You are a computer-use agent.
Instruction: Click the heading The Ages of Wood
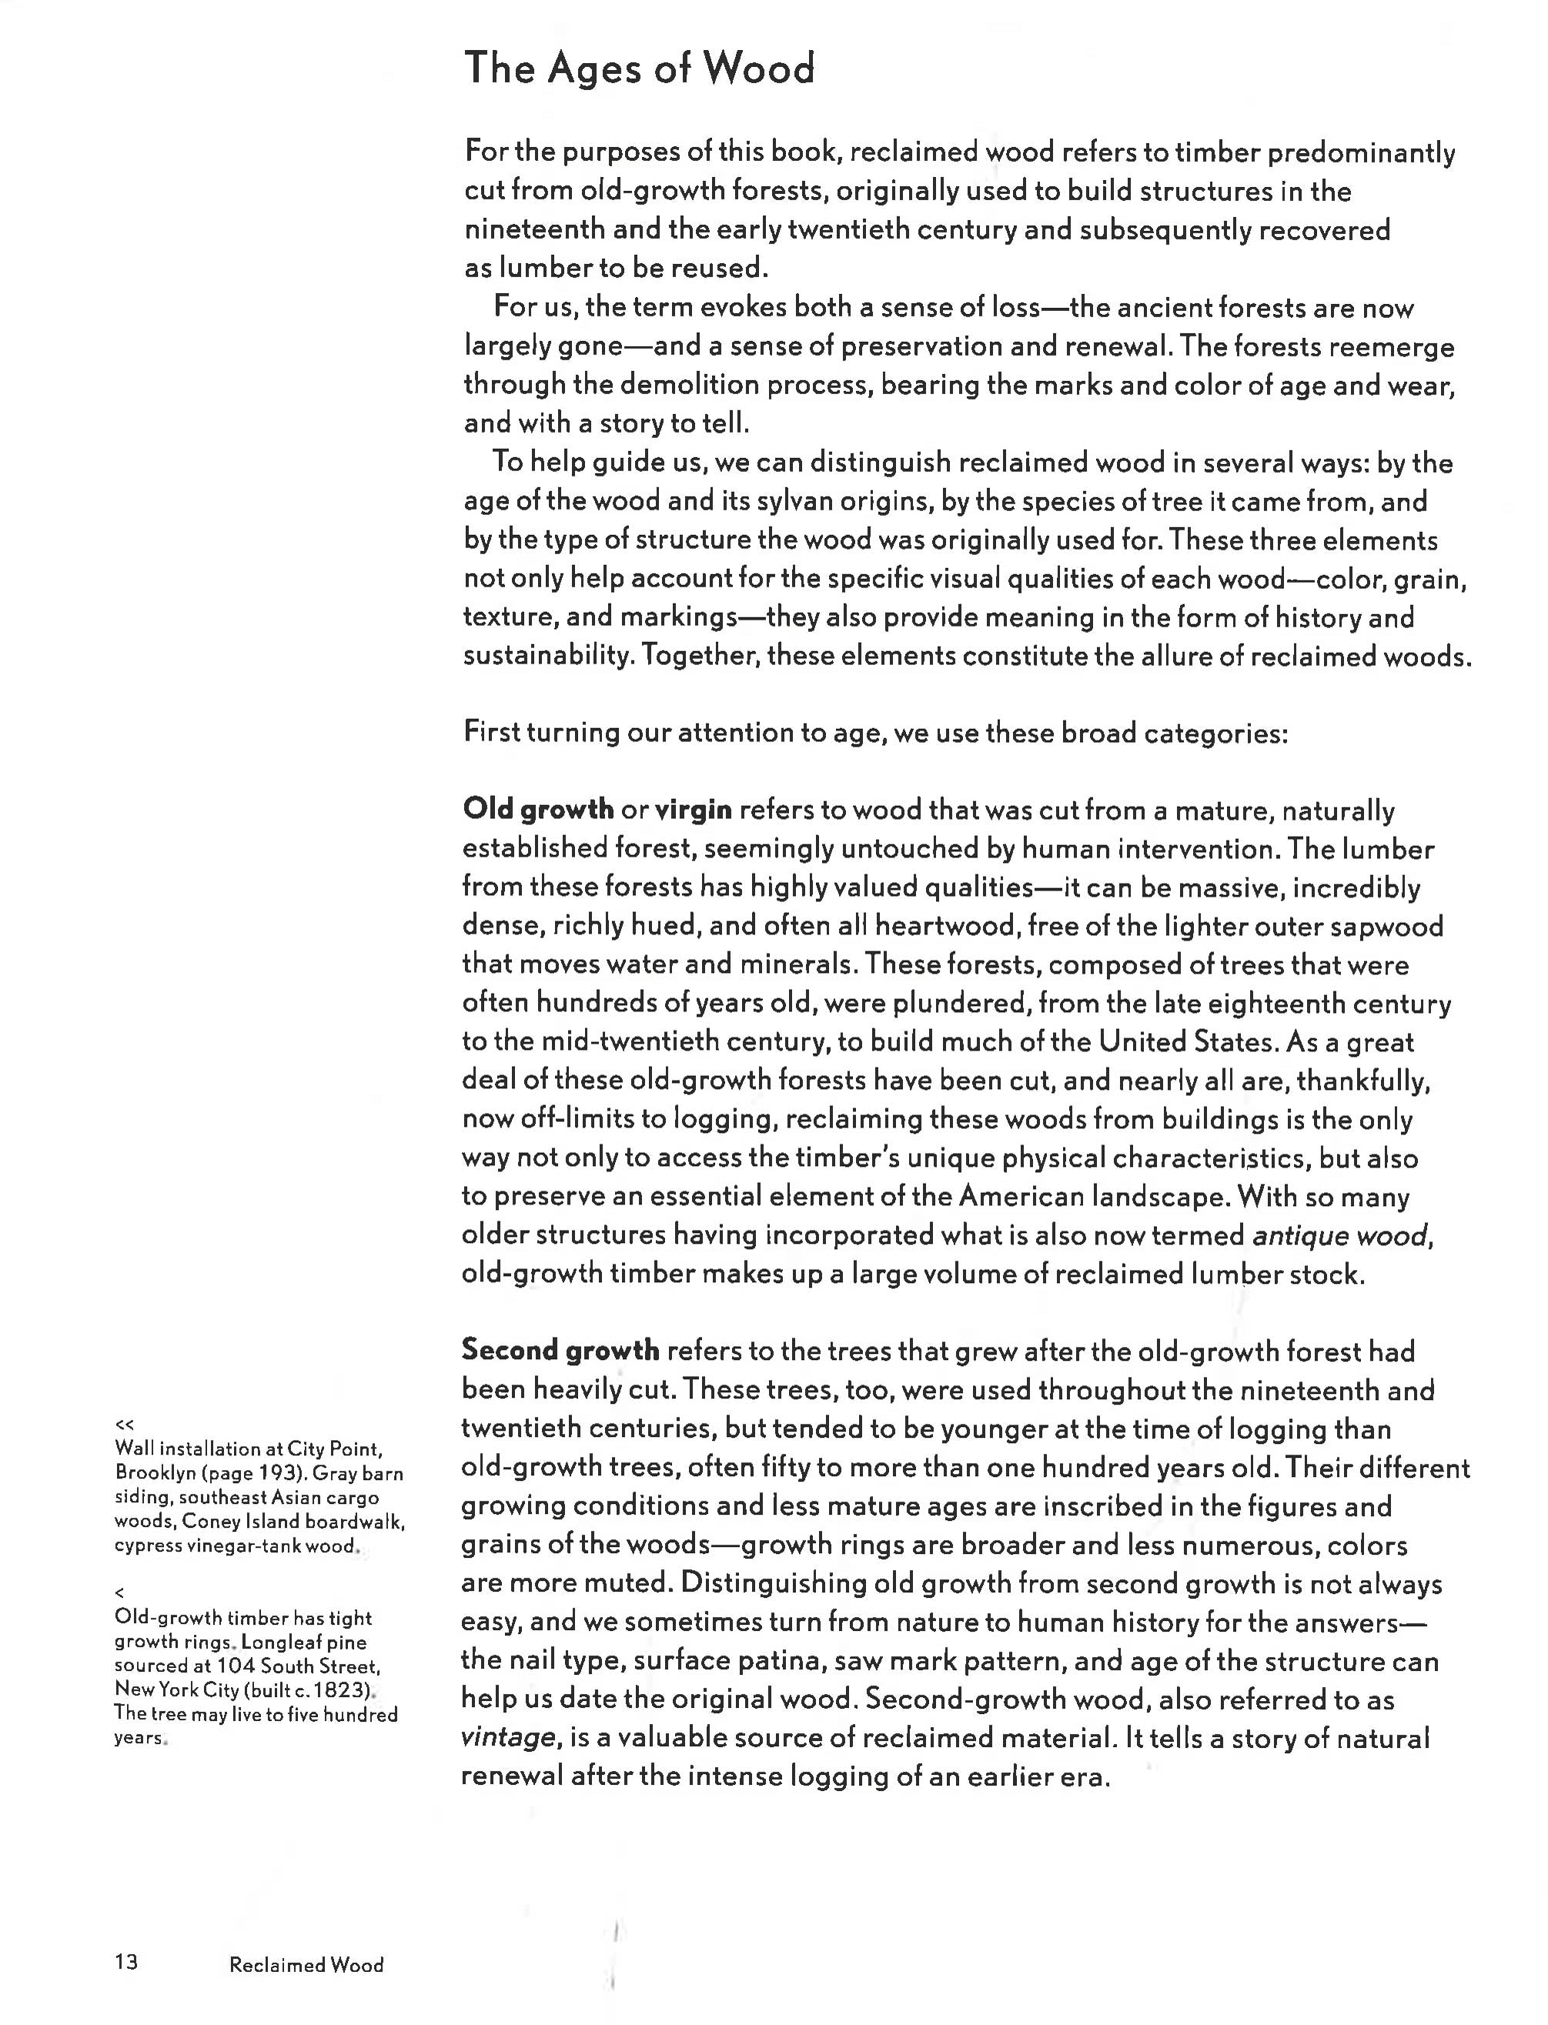(639, 69)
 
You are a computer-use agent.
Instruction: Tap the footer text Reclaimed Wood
(306, 1964)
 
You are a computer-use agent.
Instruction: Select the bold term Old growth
(537, 809)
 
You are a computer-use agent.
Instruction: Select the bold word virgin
(693, 810)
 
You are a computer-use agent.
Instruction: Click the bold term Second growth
(560, 1351)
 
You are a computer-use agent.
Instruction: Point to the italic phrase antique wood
(1341, 1235)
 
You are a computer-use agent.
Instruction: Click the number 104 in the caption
(236, 1666)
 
